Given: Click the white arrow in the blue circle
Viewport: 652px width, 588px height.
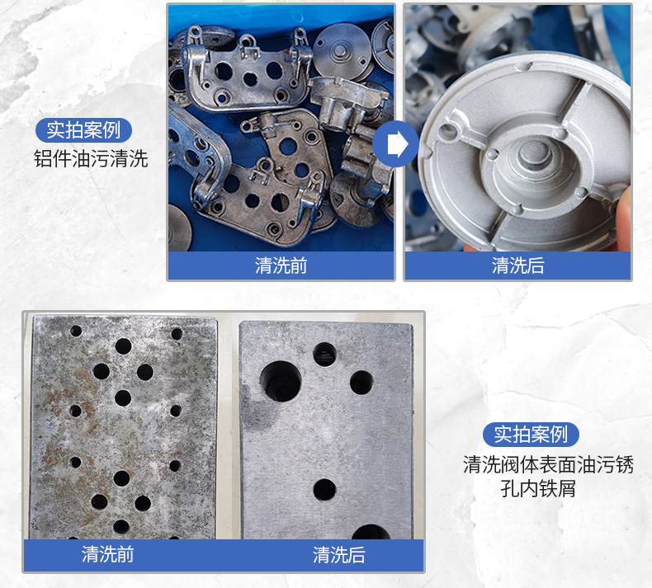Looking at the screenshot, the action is click(398, 143).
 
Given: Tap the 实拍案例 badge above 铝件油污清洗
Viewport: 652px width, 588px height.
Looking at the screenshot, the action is click(83, 130).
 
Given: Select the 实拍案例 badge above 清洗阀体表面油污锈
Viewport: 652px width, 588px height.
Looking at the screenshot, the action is click(531, 435).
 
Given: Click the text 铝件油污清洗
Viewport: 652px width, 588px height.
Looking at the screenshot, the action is click(91, 158).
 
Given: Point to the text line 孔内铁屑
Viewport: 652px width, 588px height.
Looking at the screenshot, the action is click(538, 488).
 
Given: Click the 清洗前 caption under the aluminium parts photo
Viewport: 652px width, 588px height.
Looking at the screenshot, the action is click(281, 266).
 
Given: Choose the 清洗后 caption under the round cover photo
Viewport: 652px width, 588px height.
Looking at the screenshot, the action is click(518, 266).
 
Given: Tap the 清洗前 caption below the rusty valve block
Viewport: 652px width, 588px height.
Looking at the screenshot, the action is click(107, 555).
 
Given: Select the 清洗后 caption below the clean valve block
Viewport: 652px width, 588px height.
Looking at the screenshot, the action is click(339, 555).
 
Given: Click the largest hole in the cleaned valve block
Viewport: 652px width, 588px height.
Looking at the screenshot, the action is click(281, 381).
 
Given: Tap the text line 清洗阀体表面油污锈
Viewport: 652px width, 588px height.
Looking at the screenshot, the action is click(549, 464).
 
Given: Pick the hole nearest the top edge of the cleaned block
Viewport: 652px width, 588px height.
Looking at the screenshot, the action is click(324, 355).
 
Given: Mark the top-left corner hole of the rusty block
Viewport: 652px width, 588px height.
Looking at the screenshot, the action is click(76, 332).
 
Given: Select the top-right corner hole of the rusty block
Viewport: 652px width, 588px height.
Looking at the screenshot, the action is click(177, 334).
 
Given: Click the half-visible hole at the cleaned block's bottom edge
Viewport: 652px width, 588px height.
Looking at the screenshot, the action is click(371, 532).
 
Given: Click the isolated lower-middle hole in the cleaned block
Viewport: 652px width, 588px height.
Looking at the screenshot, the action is click(324, 490).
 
